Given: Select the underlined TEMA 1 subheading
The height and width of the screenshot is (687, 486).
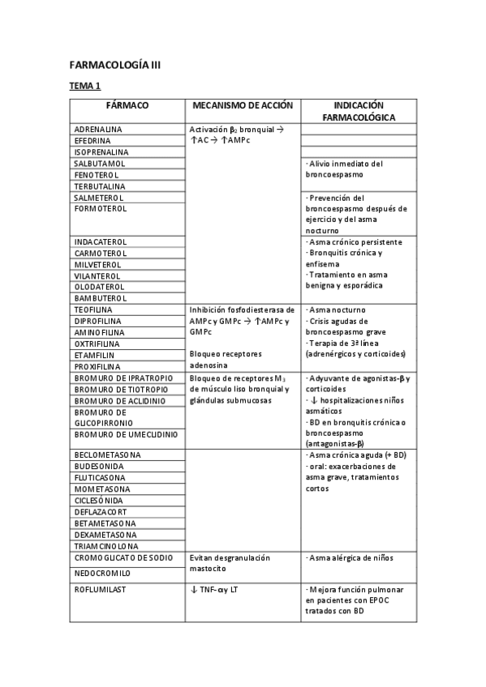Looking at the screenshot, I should click(x=84, y=86).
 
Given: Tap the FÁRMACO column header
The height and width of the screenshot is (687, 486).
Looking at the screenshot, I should click(x=127, y=105).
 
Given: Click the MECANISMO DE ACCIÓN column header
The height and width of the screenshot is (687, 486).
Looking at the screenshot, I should click(x=243, y=105).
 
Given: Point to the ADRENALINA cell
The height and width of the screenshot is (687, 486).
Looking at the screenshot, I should click(x=98, y=130).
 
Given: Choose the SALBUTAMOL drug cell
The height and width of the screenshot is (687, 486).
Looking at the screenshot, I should click(x=100, y=164).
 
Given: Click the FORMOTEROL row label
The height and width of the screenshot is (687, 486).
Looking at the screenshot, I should click(x=101, y=209).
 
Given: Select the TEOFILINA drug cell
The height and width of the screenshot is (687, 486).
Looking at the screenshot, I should click(x=93, y=310).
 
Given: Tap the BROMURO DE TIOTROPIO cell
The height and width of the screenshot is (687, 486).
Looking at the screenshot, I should click(x=118, y=390).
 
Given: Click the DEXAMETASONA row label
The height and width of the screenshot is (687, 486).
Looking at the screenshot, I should click(x=105, y=535).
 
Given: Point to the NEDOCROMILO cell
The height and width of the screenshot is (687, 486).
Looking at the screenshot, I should click(x=103, y=570).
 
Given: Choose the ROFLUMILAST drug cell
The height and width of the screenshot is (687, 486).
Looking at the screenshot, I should click(x=101, y=590).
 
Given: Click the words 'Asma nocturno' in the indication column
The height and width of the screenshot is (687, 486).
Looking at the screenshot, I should click(x=338, y=310).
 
